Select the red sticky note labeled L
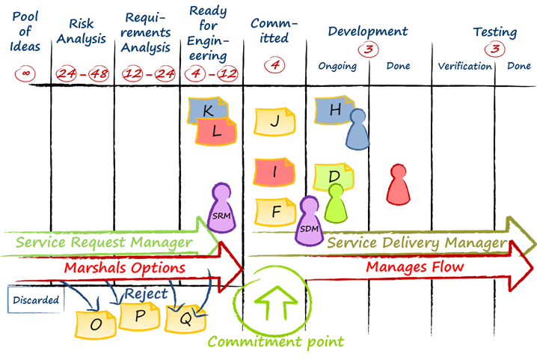217,131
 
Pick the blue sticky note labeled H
334,110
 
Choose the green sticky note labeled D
334,177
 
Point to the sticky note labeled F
275,212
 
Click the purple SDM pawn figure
308,221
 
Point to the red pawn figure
398,184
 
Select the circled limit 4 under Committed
275,66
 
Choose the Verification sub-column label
464,67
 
